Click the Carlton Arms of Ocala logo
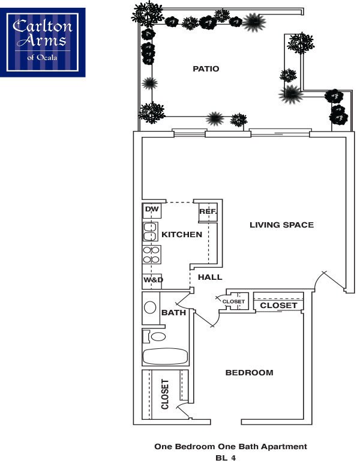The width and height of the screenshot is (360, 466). tap(43, 42)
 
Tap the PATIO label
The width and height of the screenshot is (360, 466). tap(206, 69)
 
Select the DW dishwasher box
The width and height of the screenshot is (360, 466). tap(152, 210)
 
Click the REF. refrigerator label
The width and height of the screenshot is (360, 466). tap(208, 211)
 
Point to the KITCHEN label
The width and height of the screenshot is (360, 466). tap(182, 234)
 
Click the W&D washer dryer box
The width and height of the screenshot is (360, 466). tap(153, 280)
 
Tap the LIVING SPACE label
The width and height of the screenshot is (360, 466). tap(281, 225)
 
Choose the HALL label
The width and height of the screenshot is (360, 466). tap(210, 277)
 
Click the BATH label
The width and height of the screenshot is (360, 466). tap(174, 312)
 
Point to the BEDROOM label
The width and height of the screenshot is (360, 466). tap(249, 373)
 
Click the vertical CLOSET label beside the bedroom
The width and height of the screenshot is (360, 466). tap(166, 394)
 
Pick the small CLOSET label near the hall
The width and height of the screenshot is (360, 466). tap(233, 301)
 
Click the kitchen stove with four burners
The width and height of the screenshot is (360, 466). tap(151, 255)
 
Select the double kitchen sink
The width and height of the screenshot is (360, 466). tap(149, 232)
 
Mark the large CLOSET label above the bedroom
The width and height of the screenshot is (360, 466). tap(278, 306)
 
